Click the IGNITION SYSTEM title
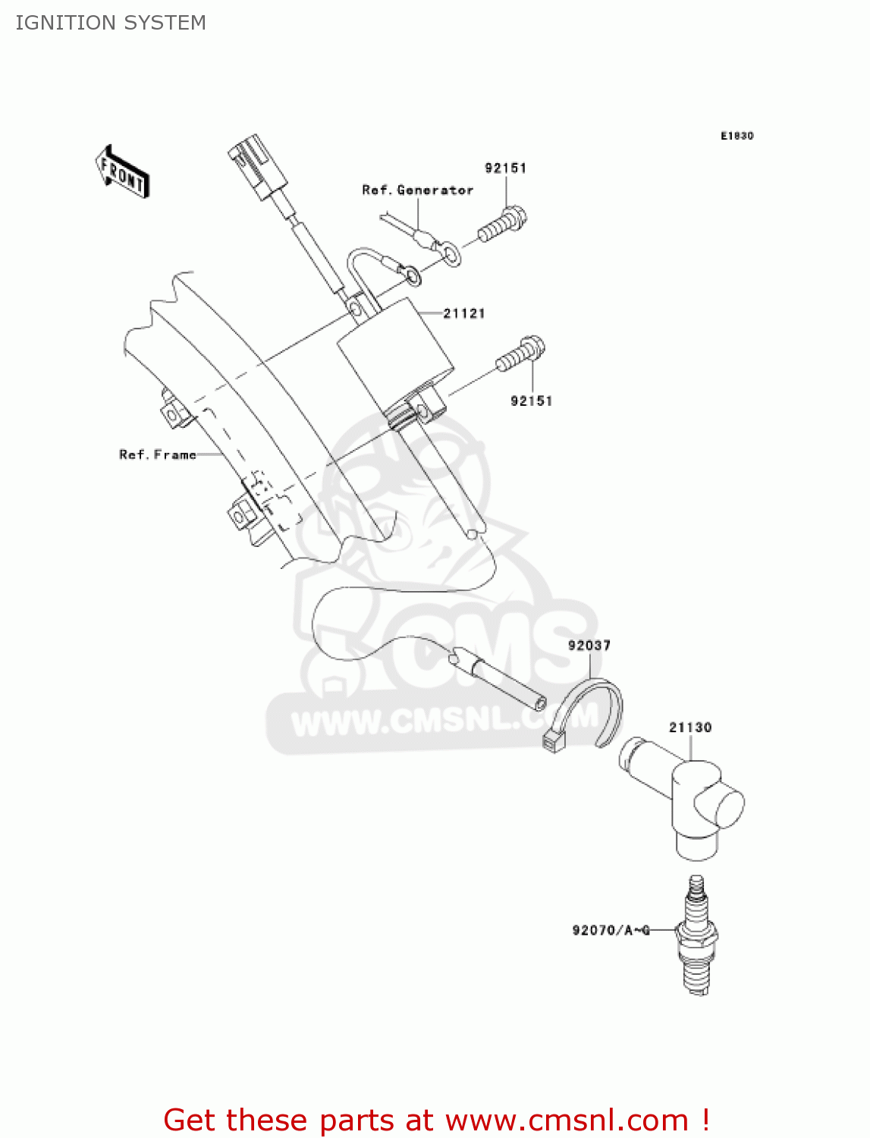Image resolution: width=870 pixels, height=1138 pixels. click(x=111, y=23)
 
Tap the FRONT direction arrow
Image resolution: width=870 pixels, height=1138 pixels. click(x=122, y=171)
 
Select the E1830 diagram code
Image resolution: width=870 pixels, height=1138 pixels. click(x=737, y=136)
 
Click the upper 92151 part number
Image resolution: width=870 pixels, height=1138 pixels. click(x=505, y=168)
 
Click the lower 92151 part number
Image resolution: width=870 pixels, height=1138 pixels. click(x=531, y=401)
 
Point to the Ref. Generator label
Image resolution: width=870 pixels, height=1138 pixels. click(x=417, y=190)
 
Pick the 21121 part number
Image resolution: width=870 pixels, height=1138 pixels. click(x=464, y=313)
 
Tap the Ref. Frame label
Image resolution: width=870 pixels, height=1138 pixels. click(x=158, y=454)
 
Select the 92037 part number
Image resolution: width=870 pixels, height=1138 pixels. click(x=589, y=645)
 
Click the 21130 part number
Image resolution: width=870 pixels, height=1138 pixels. click(x=690, y=727)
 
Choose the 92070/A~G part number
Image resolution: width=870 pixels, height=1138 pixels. click(x=611, y=929)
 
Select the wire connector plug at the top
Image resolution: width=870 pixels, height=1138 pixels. click(x=256, y=167)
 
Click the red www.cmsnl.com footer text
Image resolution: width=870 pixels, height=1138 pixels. click(x=436, y=1120)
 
